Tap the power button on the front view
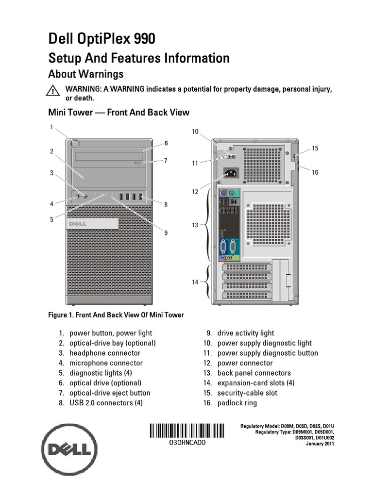[74, 142]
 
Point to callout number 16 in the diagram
[315, 172]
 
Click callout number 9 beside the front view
[166, 233]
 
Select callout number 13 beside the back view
[195, 225]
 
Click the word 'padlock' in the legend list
[231, 403]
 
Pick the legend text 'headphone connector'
[105, 353]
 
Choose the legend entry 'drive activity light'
[246, 333]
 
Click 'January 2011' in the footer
[320, 444]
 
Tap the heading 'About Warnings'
[85, 74]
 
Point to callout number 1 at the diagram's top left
[51, 127]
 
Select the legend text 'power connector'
[245, 363]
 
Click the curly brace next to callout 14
[207, 282]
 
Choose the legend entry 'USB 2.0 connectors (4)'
[106, 403]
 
